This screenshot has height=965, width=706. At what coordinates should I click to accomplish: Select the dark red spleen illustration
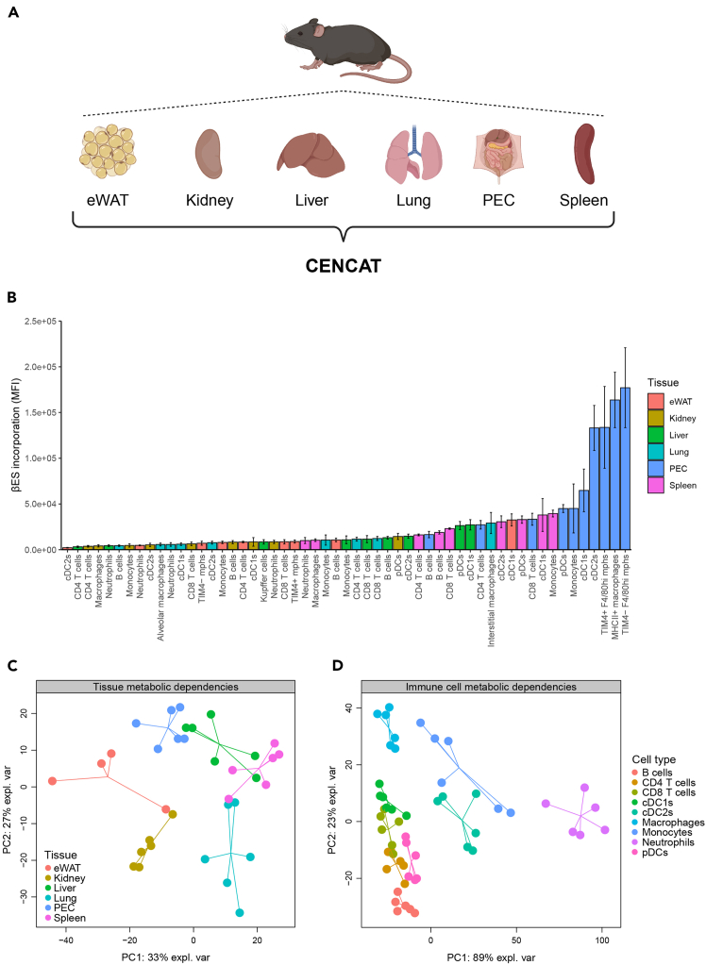pyautogui.click(x=584, y=154)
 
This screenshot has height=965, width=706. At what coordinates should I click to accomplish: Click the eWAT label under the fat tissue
pyautogui.click(x=108, y=200)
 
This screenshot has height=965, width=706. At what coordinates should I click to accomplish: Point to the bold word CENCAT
pyautogui.click(x=344, y=266)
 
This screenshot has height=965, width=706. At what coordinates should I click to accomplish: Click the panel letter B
pyautogui.click(x=11, y=297)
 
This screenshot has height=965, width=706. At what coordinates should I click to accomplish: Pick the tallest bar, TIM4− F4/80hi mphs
pyautogui.click(x=625, y=468)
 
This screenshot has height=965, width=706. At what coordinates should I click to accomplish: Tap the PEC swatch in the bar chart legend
pyautogui.click(x=655, y=468)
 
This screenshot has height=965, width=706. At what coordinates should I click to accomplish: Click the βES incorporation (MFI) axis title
pyautogui.click(x=16, y=435)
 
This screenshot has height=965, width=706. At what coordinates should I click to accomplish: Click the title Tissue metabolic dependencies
pyautogui.click(x=165, y=687)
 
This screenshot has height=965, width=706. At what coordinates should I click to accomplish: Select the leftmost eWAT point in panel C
pyautogui.click(x=52, y=781)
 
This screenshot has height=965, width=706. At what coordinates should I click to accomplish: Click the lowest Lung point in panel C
pyautogui.click(x=240, y=913)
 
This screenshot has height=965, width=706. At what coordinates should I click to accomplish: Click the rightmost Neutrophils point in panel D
pyautogui.click(x=605, y=830)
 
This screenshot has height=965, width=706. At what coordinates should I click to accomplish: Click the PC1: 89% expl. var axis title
pyautogui.click(x=491, y=957)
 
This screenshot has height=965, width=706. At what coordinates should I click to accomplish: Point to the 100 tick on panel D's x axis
pyautogui.click(x=602, y=940)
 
